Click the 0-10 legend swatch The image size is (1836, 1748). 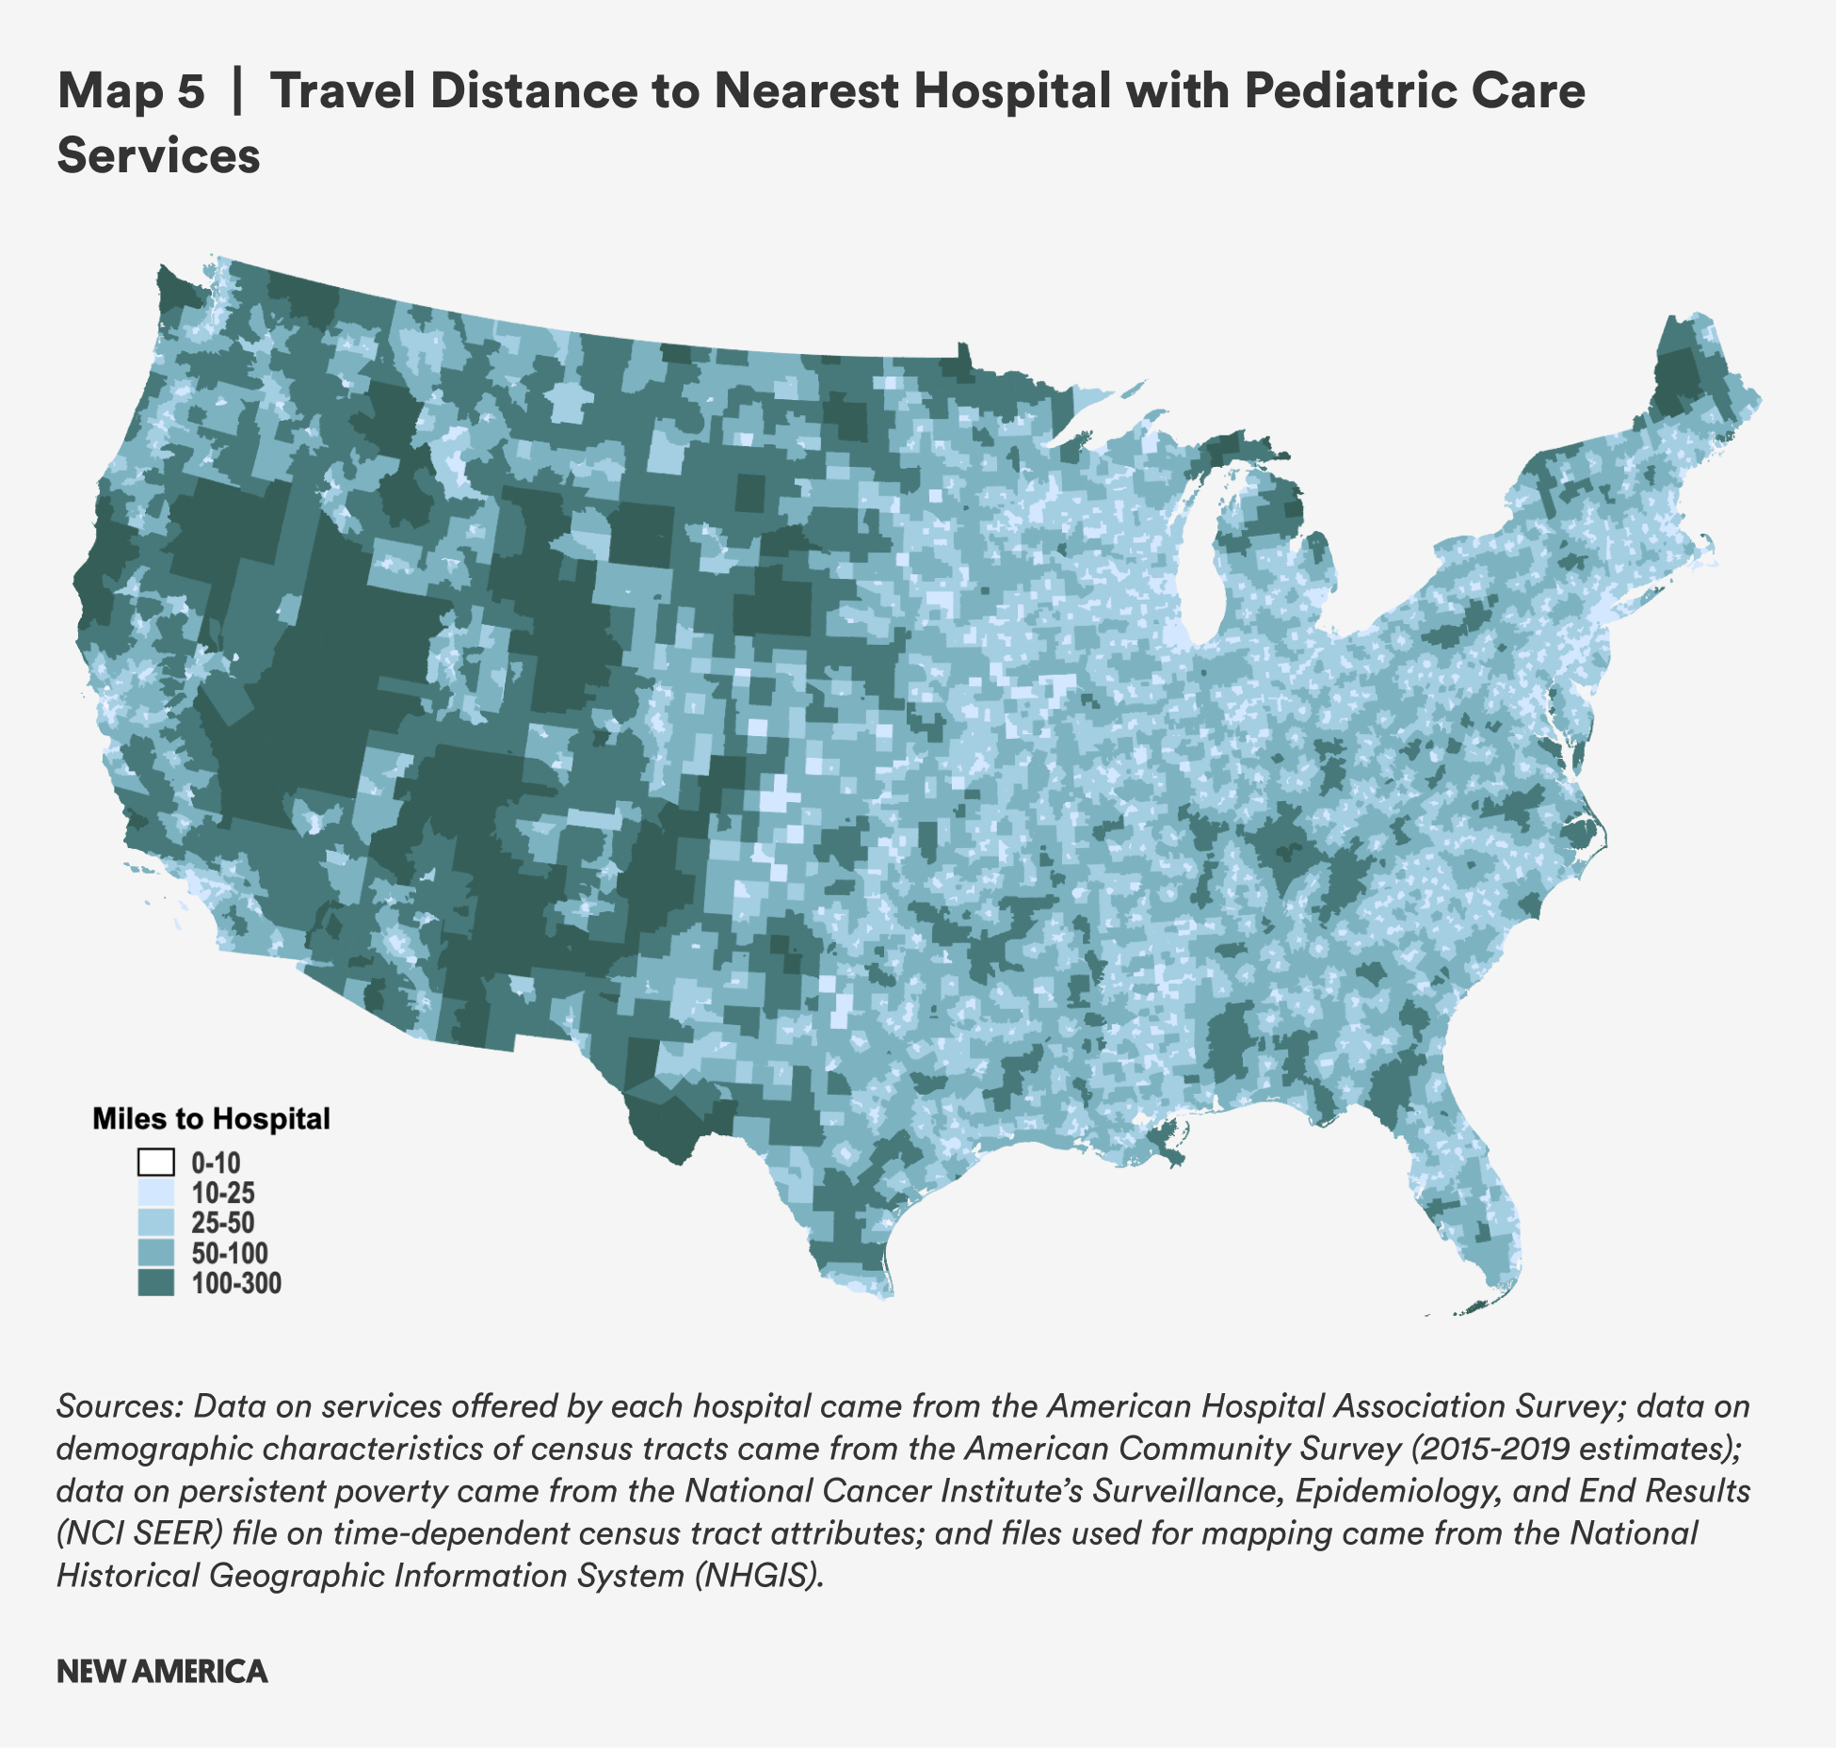(x=156, y=1163)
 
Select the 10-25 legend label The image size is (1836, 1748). (x=223, y=1194)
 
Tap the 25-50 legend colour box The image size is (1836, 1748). (x=156, y=1223)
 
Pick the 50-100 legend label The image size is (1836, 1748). (x=230, y=1254)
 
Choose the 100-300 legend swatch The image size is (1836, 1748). (x=156, y=1283)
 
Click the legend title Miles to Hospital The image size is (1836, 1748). (x=211, y=1118)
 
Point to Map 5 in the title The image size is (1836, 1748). (x=131, y=91)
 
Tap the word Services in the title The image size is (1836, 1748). (x=158, y=155)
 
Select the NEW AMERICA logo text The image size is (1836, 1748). (x=162, y=1672)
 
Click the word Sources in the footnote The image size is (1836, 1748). (x=119, y=1406)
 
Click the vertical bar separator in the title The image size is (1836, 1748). (x=237, y=91)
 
